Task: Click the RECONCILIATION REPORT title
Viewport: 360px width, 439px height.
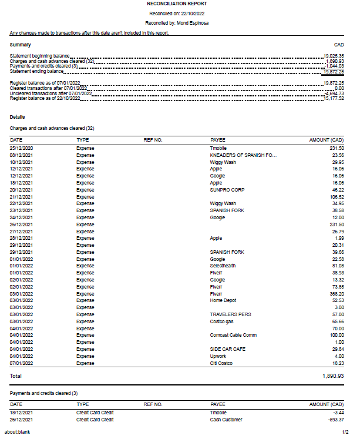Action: [180, 4]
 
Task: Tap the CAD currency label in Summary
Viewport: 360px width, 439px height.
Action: [339, 45]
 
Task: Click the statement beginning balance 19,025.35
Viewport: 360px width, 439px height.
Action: [334, 55]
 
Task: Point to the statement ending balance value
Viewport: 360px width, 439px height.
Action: [333, 71]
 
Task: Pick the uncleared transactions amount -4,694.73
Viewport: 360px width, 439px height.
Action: [333, 93]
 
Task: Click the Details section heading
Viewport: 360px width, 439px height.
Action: [18, 117]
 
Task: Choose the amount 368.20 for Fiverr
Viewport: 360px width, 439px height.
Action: [335, 294]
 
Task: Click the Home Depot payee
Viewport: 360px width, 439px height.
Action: [224, 301]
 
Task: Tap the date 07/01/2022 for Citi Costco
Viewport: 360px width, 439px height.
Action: [22, 363]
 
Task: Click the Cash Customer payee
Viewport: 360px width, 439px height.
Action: [227, 420]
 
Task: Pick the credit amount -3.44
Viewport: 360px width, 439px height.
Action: [337, 413]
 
